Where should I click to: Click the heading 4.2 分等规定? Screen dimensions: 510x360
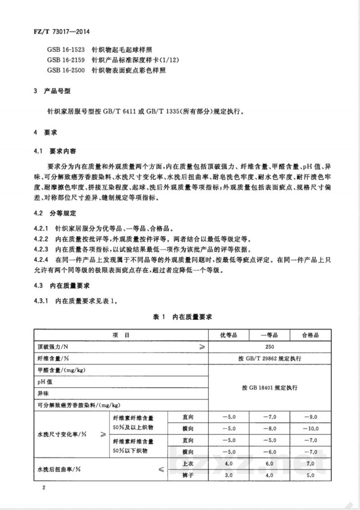pos(57,213)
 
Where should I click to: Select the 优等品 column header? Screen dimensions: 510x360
pos(228,336)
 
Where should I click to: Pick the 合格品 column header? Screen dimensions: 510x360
pos(310,336)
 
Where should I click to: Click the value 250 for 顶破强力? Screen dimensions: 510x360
pos(269,347)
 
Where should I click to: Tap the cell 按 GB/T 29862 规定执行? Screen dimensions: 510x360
pos(269,358)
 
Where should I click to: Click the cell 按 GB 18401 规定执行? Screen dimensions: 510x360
pos(269,387)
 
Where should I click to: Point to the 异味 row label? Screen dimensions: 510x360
pos(43,393)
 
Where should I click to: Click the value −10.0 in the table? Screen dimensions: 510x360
pos(310,428)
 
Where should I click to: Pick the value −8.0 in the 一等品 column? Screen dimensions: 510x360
pos(269,428)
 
